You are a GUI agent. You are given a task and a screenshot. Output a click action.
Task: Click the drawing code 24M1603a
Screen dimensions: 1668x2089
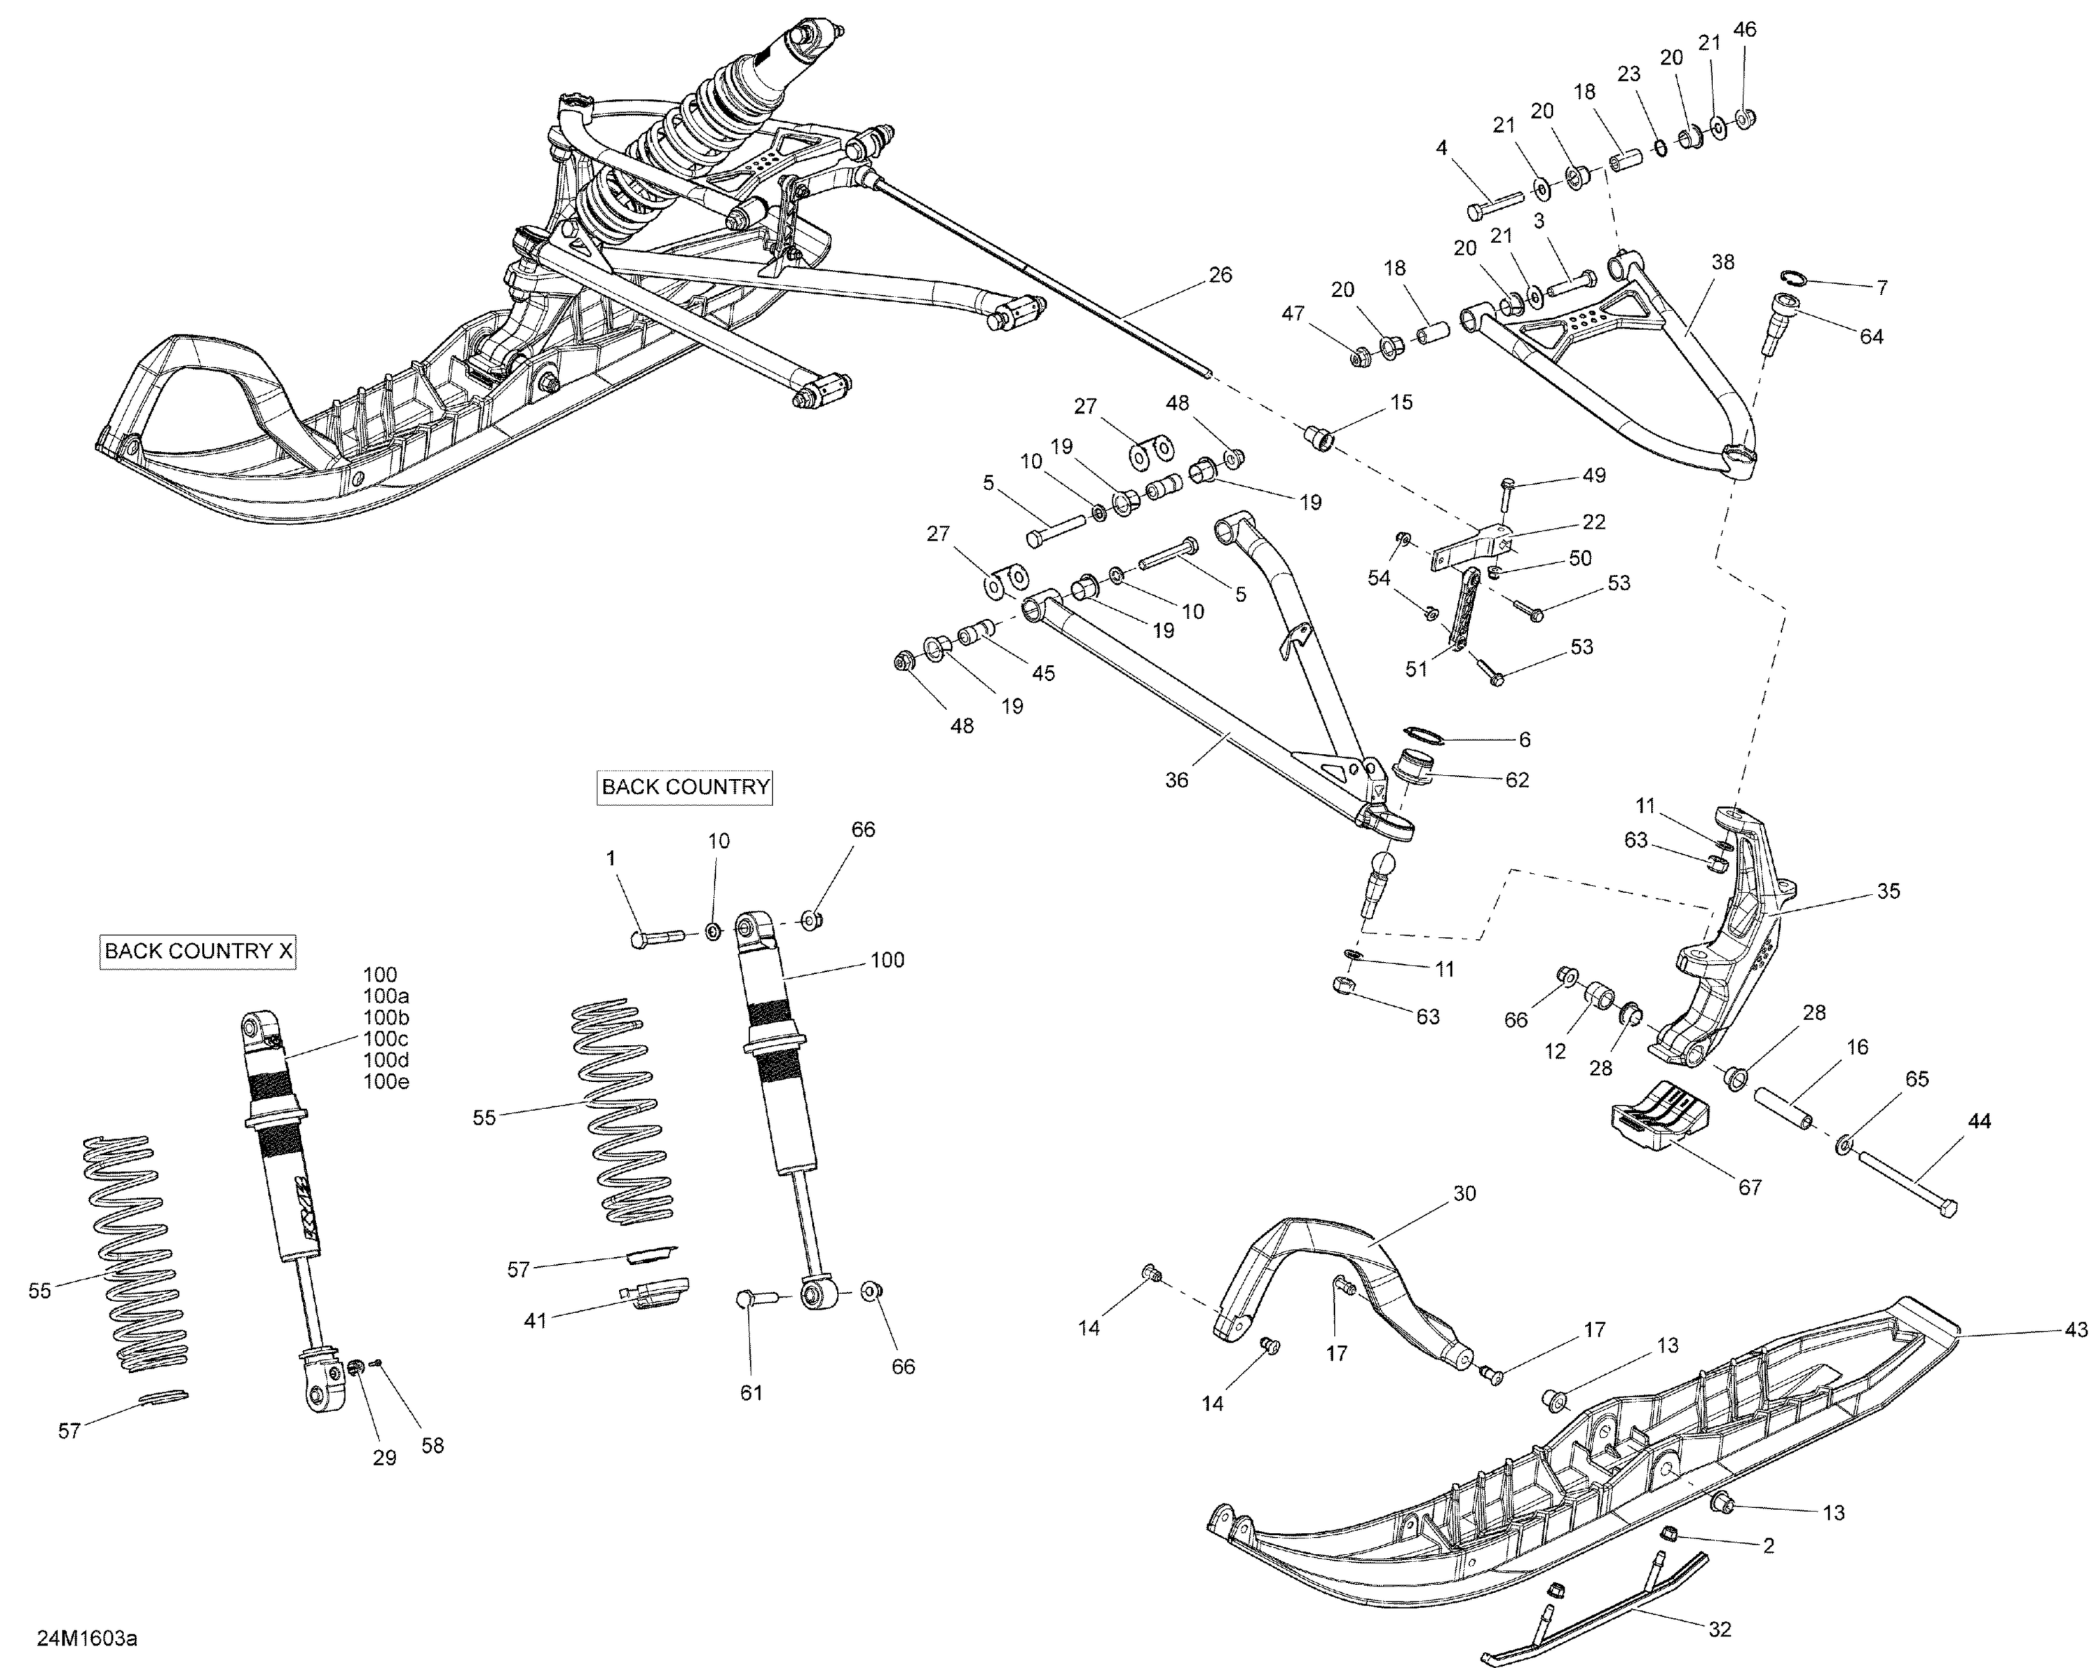pyautogui.click(x=87, y=1639)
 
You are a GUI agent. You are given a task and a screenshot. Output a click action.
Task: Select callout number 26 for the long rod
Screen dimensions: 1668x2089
pyautogui.click(x=1220, y=275)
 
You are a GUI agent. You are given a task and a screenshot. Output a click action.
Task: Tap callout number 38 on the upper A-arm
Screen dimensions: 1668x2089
pyautogui.click(x=1722, y=262)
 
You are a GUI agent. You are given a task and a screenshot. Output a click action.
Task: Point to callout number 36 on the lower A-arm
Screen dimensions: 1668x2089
pyautogui.click(x=1176, y=780)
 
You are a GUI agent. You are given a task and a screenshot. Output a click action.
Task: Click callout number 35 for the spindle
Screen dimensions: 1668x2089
pyautogui.click(x=1888, y=890)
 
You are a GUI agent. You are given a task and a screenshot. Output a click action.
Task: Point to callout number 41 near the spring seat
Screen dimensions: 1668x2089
pyautogui.click(x=535, y=1319)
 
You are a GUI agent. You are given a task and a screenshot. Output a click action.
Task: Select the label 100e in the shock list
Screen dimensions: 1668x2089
pyautogui.click(x=386, y=1082)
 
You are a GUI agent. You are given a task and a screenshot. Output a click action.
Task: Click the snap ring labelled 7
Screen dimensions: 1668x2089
pyautogui.click(x=1794, y=280)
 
